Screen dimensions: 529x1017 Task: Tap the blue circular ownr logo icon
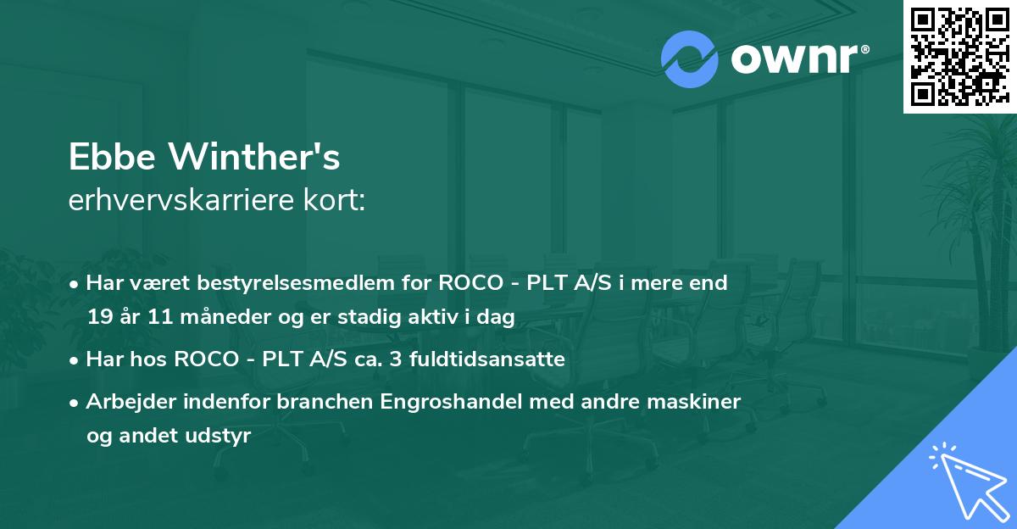(x=689, y=59)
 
